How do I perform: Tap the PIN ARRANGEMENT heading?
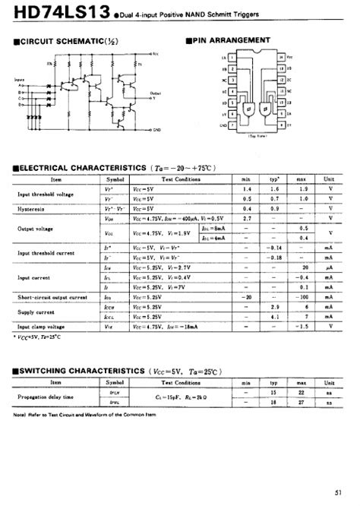pyautogui.click(x=231, y=40)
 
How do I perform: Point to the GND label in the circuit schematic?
pyautogui.click(x=156, y=130)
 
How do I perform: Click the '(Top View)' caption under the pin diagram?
pyautogui.click(x=260, y=137)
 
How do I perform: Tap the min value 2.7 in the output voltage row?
pyautogui.click(x=246, y=217)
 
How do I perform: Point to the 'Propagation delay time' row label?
pyautogui.click(x=46, y=397)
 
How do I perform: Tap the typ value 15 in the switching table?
pyautogui.click(x=276, y=392)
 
